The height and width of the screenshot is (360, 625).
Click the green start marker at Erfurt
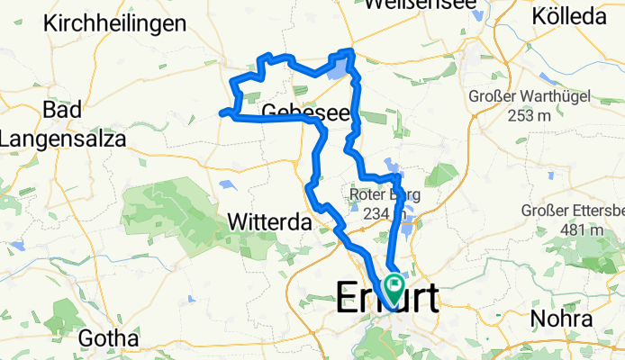394,286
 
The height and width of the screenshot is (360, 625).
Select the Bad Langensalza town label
62,123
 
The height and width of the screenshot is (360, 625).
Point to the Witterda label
270,221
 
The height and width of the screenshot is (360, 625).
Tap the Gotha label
109,338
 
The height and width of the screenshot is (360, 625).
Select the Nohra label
561,319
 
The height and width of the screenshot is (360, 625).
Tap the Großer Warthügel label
522,97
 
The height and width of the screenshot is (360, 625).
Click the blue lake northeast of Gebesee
338,67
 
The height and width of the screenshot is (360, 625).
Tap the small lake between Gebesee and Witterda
226,186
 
